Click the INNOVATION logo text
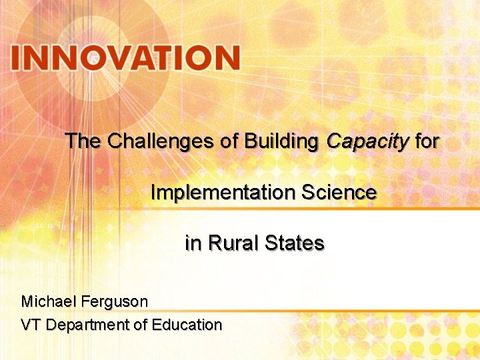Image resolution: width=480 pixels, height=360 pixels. click(125, 58)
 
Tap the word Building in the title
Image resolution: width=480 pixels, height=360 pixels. click(283, 141)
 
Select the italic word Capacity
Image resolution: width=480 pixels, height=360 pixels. click(367, 141)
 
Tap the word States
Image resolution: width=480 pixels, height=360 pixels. click(294, 243)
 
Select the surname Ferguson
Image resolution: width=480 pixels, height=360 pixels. click(115, 301)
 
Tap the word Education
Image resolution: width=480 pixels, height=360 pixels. click(187, 325)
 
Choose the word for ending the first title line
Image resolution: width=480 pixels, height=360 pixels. click(427, 141)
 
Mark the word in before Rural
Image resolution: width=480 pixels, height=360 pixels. click(193, 243)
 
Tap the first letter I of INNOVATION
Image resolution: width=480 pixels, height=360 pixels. click(16, 58)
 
